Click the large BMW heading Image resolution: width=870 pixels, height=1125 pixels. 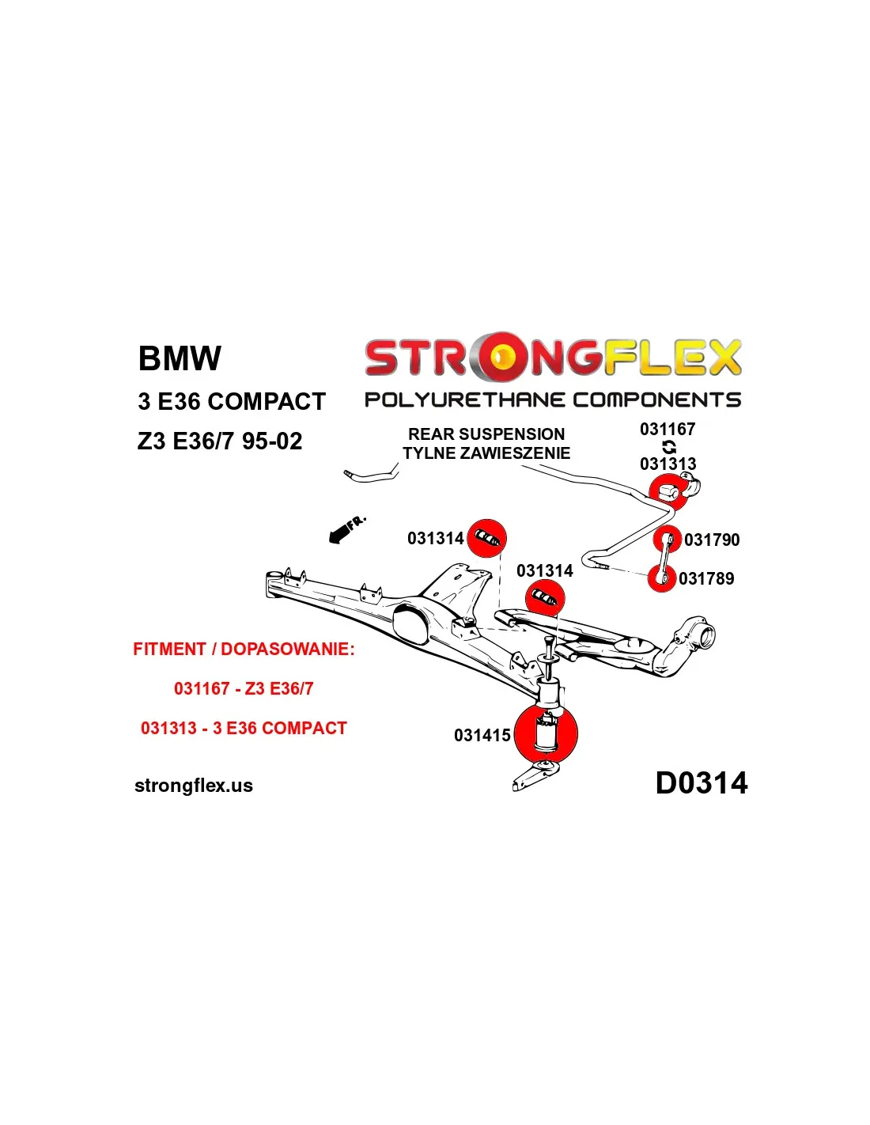click(180, 358)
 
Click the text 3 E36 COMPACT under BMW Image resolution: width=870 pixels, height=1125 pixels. click(231, 402)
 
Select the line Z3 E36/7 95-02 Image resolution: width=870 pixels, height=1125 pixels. click(219, 441)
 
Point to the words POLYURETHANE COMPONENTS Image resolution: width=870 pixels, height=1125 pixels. click(552, 400)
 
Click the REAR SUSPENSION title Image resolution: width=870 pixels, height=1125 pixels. click(486, 434)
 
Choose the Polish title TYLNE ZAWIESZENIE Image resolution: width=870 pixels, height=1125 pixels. click(486, 453)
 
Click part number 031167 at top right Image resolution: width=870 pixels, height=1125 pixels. click(668, 430)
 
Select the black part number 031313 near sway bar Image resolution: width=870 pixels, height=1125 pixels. click(668, 464)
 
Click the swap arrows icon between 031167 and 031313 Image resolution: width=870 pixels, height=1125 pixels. click(669, 447)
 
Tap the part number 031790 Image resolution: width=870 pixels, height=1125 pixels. click(712, 540)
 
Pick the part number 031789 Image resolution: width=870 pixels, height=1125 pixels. click(706, 579)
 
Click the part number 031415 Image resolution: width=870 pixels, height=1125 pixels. click(482, 736)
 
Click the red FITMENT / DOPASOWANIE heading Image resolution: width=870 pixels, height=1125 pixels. click(244, 650)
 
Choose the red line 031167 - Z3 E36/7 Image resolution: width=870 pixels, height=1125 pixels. click(244, 689)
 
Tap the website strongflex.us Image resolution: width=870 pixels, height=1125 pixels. click(194, 786)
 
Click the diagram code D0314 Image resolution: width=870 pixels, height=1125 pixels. click(701, 783)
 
